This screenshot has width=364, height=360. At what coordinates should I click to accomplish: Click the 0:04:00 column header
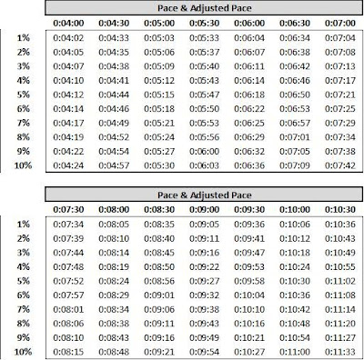click(69, 21)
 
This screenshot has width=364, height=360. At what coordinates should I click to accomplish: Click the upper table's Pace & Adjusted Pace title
click(202, 5)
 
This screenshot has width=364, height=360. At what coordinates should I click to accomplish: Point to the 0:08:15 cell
click(69, 351)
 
